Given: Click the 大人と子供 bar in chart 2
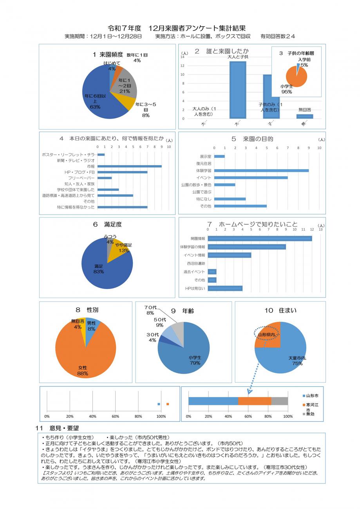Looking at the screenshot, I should (x=237, y=90).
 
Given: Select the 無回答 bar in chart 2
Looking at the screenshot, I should (x=304, y=116).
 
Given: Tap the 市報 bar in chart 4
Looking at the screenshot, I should (x=129, y=166).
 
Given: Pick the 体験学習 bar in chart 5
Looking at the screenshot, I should (x=261, y=171).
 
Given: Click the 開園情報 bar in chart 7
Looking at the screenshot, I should (x=260, y=238).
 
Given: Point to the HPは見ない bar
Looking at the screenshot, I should (x=225, y=289).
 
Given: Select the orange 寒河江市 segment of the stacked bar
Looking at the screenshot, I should (x=255, y=401).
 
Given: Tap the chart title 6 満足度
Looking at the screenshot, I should (x=107, y=224).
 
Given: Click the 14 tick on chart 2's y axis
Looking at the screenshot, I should (x=183, y=57).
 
